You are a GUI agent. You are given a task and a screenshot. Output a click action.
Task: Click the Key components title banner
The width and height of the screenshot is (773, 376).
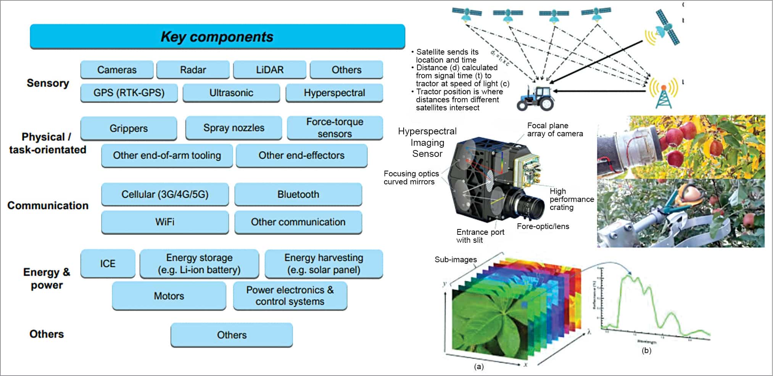tap(217, 37)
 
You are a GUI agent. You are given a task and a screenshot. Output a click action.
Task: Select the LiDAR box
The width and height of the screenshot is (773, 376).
tap(270, 70)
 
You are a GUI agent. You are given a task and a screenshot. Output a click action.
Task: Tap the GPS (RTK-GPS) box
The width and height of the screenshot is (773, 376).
tap(129, 93)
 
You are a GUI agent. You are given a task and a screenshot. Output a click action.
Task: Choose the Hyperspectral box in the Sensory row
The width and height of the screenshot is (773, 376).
tap(334, 93)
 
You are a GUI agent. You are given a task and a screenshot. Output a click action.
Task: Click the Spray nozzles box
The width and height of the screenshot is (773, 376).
tap(234, 128)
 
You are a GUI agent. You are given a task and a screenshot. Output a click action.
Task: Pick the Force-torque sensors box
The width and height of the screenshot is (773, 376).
tap(335, 128)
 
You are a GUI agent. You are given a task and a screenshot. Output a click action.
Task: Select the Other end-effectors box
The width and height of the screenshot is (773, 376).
tap(301, 155)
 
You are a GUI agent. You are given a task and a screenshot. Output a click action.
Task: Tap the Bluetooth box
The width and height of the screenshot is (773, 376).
tap(298, 194)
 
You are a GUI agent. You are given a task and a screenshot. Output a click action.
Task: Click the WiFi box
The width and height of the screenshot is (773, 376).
tap(165, 222)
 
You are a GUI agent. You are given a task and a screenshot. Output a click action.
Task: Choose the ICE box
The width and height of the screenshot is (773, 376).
tap(108, 263)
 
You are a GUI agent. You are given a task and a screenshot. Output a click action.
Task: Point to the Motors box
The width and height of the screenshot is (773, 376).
tap(169, 296)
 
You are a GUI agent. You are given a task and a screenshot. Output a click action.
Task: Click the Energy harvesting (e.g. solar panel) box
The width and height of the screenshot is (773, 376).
tap(324, 263)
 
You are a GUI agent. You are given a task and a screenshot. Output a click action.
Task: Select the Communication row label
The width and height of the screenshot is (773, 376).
tap(48, 205)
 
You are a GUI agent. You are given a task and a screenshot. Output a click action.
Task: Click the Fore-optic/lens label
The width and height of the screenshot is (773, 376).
tap(543, 226)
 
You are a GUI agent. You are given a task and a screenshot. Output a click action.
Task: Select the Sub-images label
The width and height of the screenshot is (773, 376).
tap(456, 260)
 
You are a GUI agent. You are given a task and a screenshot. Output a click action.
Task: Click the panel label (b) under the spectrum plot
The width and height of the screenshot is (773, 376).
tap(646, 350)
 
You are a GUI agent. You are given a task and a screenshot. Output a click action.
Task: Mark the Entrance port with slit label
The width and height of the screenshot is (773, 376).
tap(480, 236)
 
